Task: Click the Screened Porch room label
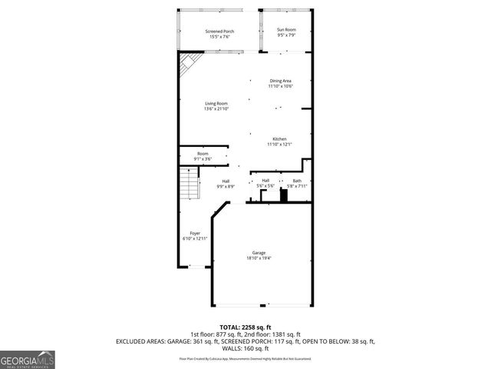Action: click(x=219, y=32)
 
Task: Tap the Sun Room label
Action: click(x=286, y=29)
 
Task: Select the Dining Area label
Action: click(x=280, y=81)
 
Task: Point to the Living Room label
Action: click(x=216, y=104)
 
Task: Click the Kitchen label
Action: click(x=279, y=139)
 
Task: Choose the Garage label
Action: click(x=259, y=252)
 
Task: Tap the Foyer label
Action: click(x=196, y=233)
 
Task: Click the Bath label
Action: click(x=297, y=181)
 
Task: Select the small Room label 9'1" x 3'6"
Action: click(x=203, y=153)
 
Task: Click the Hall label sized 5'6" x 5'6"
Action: click(x=265, y=181)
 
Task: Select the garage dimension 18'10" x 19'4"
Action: click(x=259, y=258)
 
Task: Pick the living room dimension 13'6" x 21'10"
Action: click(x=216, y=108)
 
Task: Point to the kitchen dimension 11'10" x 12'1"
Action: click(x=279, y=145)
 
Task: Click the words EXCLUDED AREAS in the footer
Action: click(x=140, y=341)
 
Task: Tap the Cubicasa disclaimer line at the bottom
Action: click(x=245, y=358)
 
